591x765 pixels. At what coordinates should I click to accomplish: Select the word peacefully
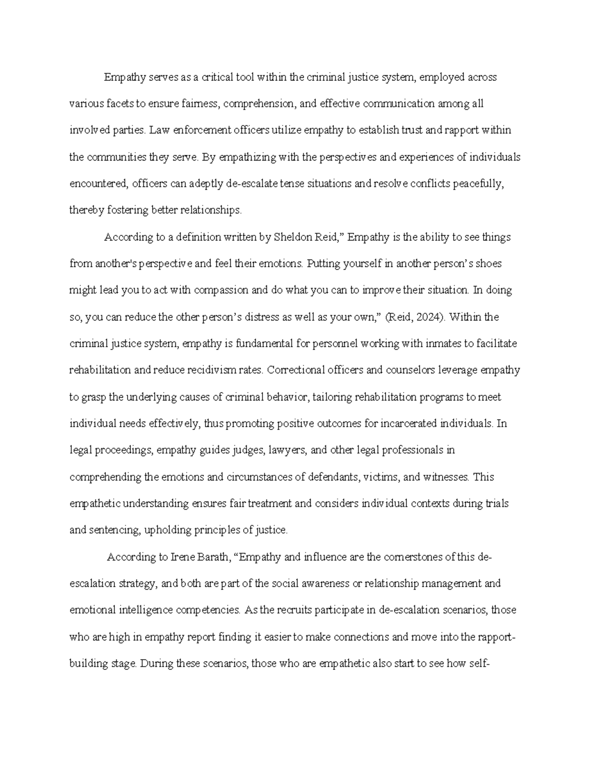tap(478, 184)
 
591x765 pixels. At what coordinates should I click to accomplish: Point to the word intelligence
tap(146, 610)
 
